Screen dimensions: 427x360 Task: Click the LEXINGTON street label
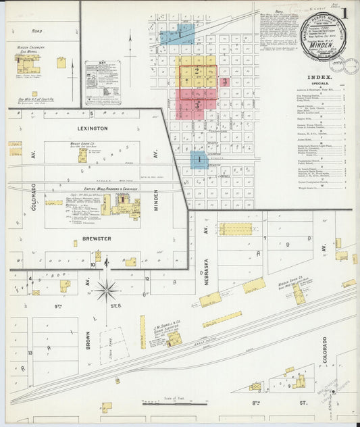pos(93,128)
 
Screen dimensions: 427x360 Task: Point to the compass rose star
pos(106,291)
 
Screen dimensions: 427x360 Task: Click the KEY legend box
pos(102,83)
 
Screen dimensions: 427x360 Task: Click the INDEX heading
pos(320,77)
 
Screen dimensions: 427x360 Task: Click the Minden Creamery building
pos(28,65)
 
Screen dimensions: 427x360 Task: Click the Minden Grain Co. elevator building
pos(298,293)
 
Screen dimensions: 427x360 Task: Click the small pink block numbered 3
pos(225,82)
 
